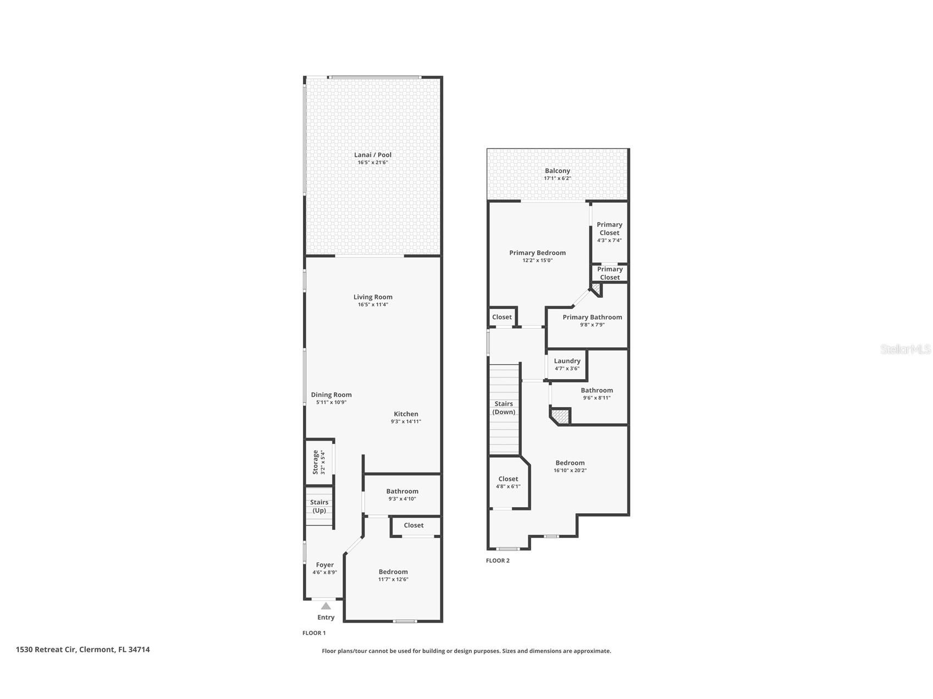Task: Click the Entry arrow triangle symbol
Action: pyautogui.click(x=326, y=606)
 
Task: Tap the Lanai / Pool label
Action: pyautogui.click(x=373, y=155)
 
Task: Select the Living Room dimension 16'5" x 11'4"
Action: pyautogui.click(x=373, y=304)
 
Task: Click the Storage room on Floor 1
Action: pyautogui.click(x=319, y=462)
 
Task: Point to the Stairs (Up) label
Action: pyautogui.click(x=319, y=506)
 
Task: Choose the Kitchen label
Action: pyautogui.click(x=406, y=414)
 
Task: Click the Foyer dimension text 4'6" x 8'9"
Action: pyautogui.click(x=324, y=572)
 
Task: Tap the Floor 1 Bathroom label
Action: pyautogui.click(x=402, y=491)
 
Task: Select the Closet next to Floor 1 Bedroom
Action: pyautogui.click(x=413, y=525)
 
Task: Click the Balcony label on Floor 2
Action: pyautogui.click(x=557, y=171)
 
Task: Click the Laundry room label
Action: pyautogui.click(x=567, y=361)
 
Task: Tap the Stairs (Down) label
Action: pyautogui.click(x=504, y=408)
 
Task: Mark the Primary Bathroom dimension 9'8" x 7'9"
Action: pyautogui.click(x=592, y=325)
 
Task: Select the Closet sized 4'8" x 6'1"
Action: pyautogui.click(x=508, y=482)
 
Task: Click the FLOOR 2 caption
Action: pyautogui.click(x=498, y=561)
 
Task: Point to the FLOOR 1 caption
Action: pyautogui.click(x=314, y=633)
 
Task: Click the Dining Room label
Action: pyautogui.click(x=331, y=395)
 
